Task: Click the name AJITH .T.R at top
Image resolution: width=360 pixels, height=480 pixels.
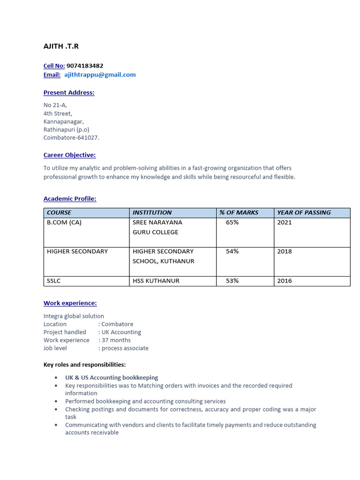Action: [x=61, y=46]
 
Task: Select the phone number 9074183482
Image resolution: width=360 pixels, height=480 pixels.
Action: [x=85, y=66]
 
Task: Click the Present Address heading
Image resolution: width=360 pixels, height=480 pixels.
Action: [x=69, y=93]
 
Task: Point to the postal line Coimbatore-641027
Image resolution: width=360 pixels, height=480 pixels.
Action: [x=71, y=138]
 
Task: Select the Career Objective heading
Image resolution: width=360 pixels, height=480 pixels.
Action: [x=69, y=155]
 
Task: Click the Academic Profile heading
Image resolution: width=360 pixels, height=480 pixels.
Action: [x=70, y=199]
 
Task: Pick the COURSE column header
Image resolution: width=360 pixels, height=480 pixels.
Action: [x=59, y=213]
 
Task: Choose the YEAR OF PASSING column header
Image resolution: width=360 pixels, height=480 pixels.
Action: [x=304, y=213]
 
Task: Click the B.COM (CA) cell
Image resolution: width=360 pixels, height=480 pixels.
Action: [x=64, y=223]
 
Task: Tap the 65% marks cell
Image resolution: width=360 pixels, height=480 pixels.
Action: [x=232, y=223]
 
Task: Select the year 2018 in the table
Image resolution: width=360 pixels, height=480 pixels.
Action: [x=284, y=252]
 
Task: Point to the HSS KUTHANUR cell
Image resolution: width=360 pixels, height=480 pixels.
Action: [x=156, y=281]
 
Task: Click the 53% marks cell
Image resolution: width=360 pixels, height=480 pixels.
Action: [x=232, y=281]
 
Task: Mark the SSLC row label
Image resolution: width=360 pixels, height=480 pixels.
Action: [x=54, y=281]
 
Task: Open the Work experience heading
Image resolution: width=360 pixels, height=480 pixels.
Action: [x=70, y=303]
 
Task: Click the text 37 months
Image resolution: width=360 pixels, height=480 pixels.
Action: [x=116, y=340]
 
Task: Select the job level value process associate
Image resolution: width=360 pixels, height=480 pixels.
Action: [x=125, y=348]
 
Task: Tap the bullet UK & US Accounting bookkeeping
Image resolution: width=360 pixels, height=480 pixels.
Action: [x=112, y=378]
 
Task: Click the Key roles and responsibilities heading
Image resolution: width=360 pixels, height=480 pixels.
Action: [x=84, y=365]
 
